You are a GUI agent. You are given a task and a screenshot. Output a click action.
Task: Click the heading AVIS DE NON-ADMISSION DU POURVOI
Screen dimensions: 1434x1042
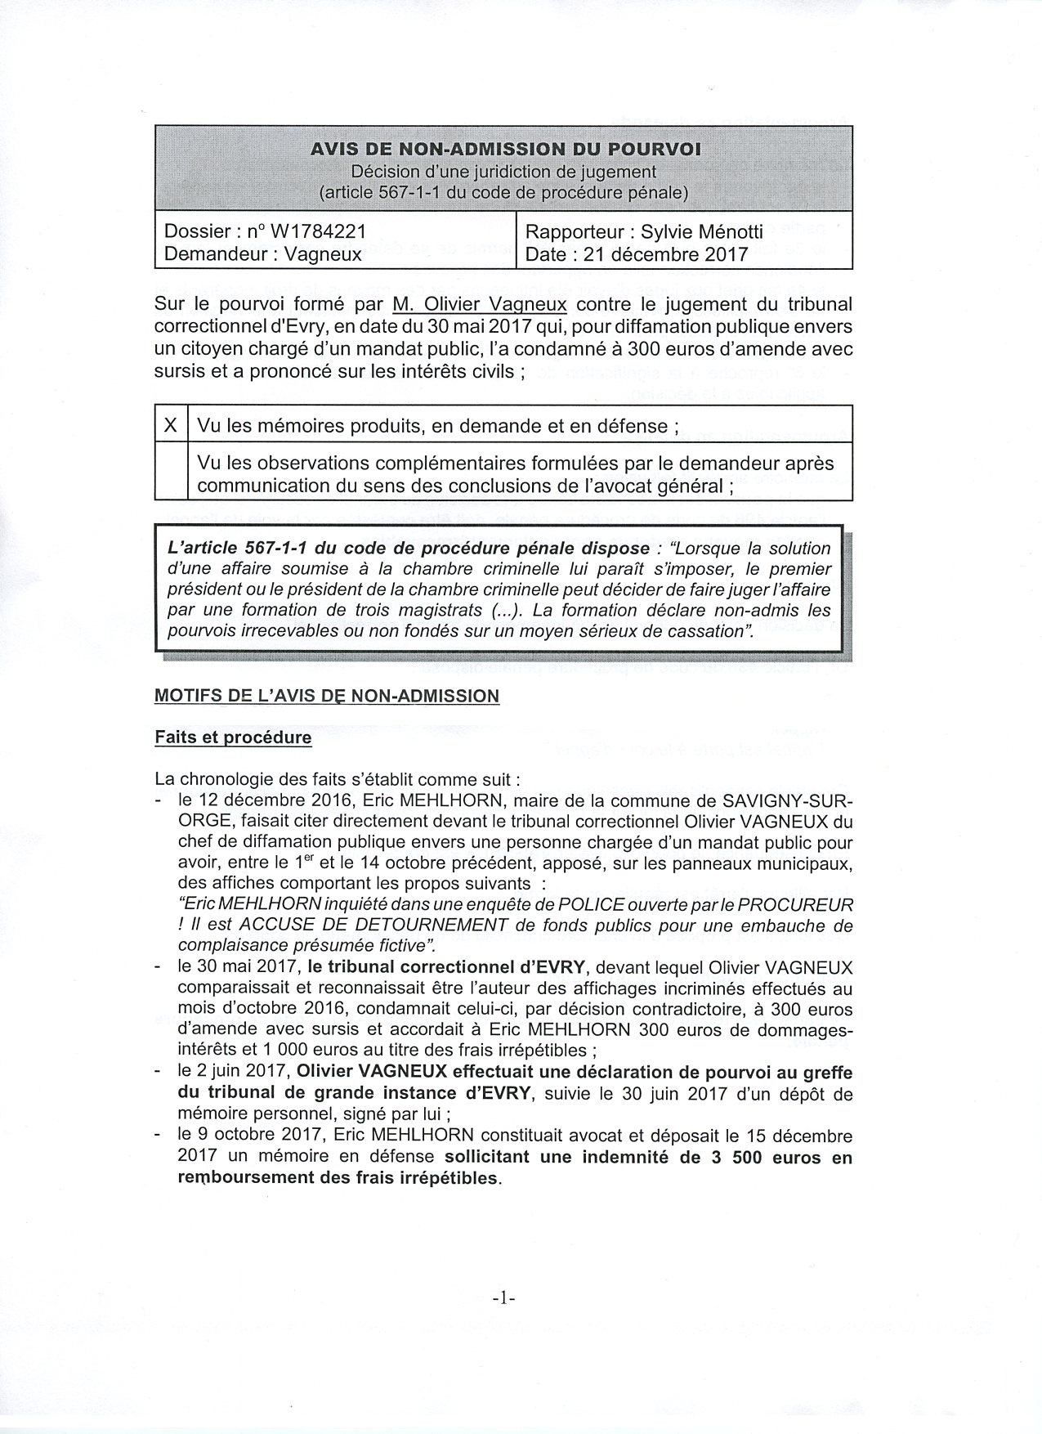tap(504, 150)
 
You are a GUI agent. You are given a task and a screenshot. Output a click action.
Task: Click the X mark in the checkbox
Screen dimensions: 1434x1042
tap(171, 425)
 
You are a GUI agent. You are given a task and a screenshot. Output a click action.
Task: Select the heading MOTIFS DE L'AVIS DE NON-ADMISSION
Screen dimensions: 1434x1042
tap(326, 697)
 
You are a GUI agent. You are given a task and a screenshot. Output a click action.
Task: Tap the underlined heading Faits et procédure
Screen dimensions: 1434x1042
tap(233, 737)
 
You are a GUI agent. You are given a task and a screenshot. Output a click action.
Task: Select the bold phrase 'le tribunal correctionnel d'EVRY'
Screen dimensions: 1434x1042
tap(448, 968)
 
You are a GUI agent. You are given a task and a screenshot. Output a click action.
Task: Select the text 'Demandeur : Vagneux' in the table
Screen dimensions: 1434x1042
tap(262, 254)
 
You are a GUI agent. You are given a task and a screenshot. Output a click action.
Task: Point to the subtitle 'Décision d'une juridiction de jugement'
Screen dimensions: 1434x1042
tap(503, 172)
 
